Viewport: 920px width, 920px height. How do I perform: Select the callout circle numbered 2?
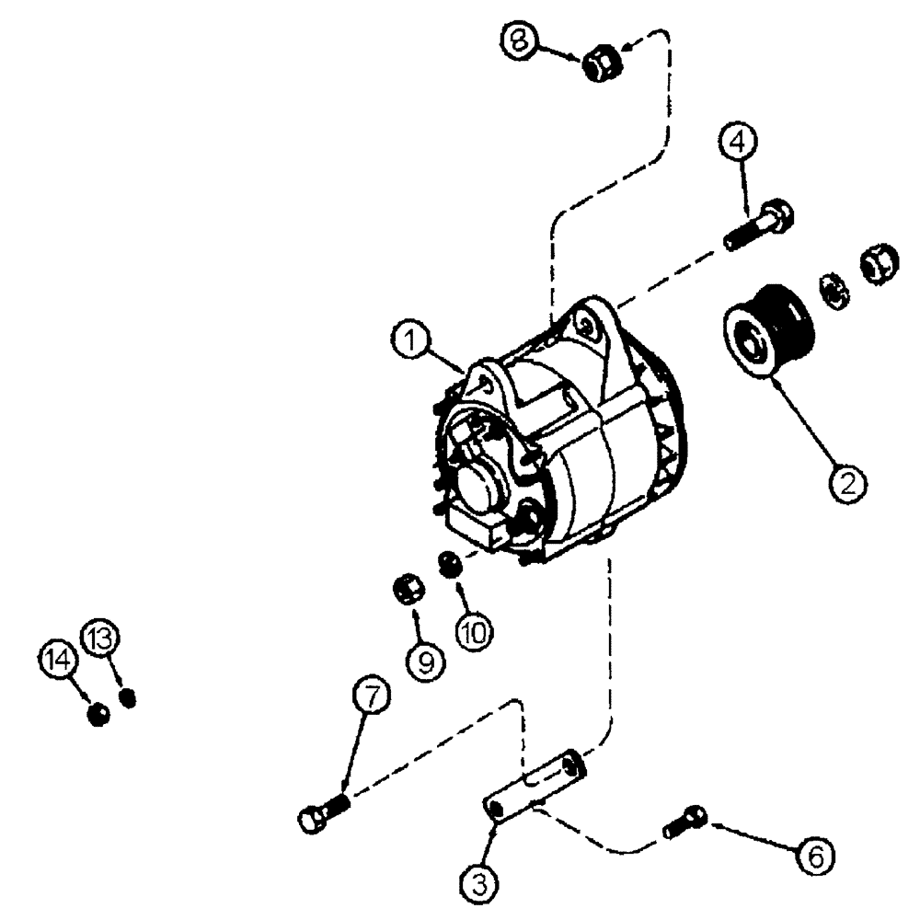(849, 479)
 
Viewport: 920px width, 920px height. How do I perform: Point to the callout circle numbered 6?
(814, 855)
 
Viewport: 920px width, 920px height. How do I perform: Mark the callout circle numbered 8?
(522, 40)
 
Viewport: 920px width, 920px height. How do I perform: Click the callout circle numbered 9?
(425, 659)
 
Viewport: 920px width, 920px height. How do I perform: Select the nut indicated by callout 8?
(604, 63)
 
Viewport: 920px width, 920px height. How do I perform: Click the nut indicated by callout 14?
(98, 713)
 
